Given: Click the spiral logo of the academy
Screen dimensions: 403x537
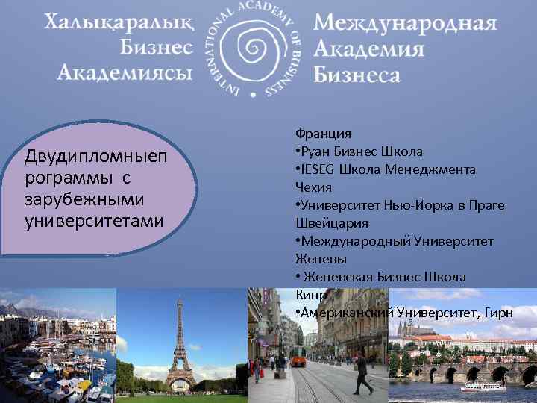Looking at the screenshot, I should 253,49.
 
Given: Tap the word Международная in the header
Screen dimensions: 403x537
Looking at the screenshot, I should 404,23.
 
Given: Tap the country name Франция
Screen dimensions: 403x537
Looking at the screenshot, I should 323,134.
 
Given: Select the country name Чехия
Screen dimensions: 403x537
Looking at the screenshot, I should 314,187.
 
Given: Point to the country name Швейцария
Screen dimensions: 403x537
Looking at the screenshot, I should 331,223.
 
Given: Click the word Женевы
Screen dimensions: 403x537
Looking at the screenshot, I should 321,259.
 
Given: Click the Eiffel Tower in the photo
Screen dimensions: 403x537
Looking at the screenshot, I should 179,343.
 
